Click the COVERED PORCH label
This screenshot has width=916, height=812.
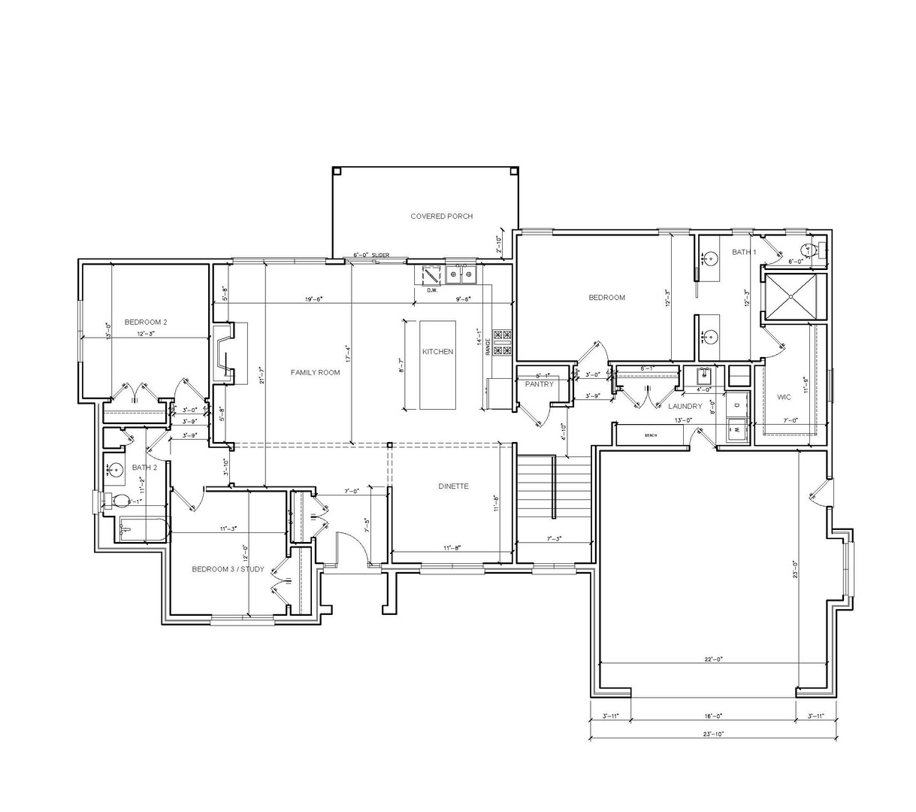click(x=441, y=217)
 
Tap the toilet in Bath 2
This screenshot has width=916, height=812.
click(x=119, y=501)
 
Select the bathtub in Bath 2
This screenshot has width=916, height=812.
click(x=144, y=529)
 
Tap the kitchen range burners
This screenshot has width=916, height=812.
click(x=502, y=343)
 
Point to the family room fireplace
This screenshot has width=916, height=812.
click(x=224, y=353)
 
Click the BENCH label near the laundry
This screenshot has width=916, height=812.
click(x=651, y=435)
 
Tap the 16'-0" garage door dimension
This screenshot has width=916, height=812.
click(x=713, y=717)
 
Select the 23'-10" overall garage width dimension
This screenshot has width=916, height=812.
click(x=713, y=734)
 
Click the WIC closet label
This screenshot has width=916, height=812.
click(x=783, y=396)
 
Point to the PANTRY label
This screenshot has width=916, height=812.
click(x=539, y=384)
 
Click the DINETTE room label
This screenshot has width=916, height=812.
click(x=453, y=486)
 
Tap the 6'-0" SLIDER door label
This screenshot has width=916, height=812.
click(x=371, y=256)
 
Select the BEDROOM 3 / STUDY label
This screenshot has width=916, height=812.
click(x=228, y=569)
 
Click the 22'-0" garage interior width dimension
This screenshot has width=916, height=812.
click(x=713, y=659)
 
